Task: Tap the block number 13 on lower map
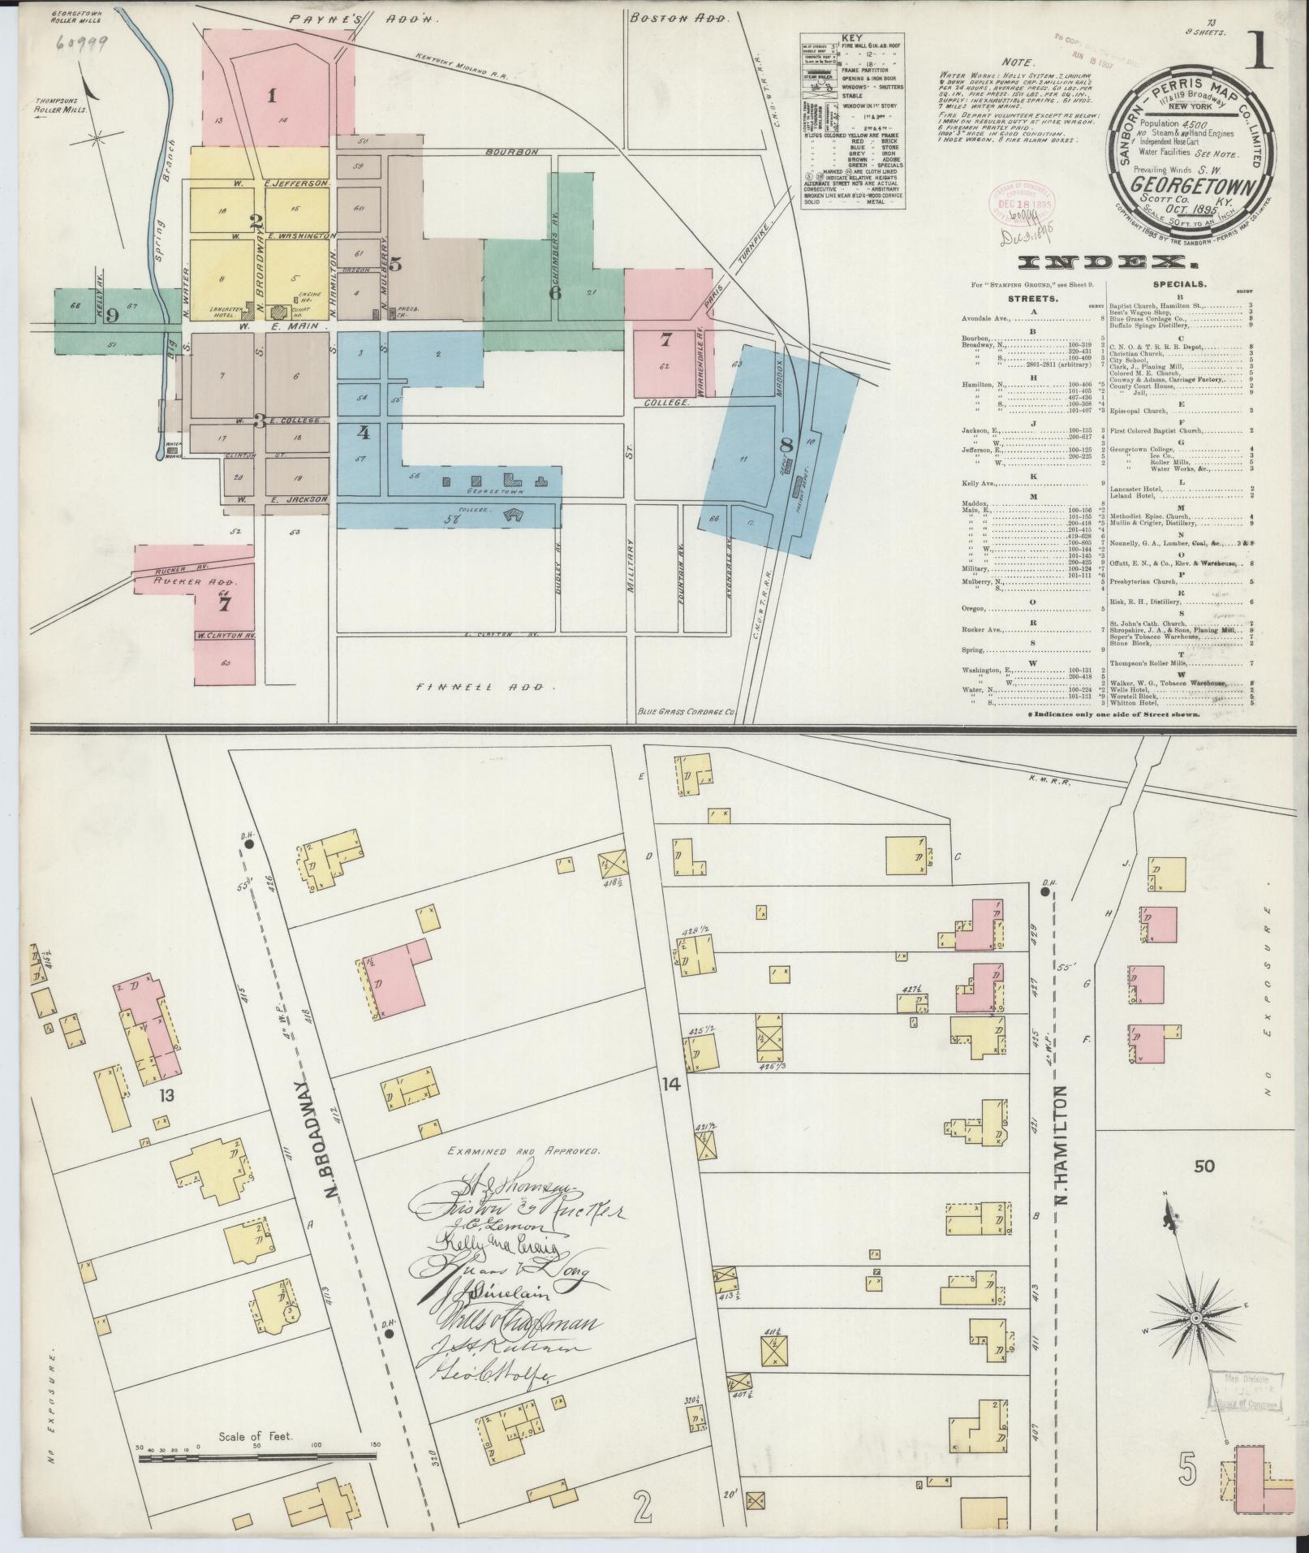[x=166, y=1095]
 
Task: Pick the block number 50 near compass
[x=1204, y=1167]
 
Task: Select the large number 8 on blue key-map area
[x=785, y=444]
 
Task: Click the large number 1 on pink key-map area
[x=273, y=96]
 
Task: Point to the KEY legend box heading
[x=852, y=38]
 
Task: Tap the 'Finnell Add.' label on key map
[x=485, y=687]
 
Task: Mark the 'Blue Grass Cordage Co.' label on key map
[x=687, y=711]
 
